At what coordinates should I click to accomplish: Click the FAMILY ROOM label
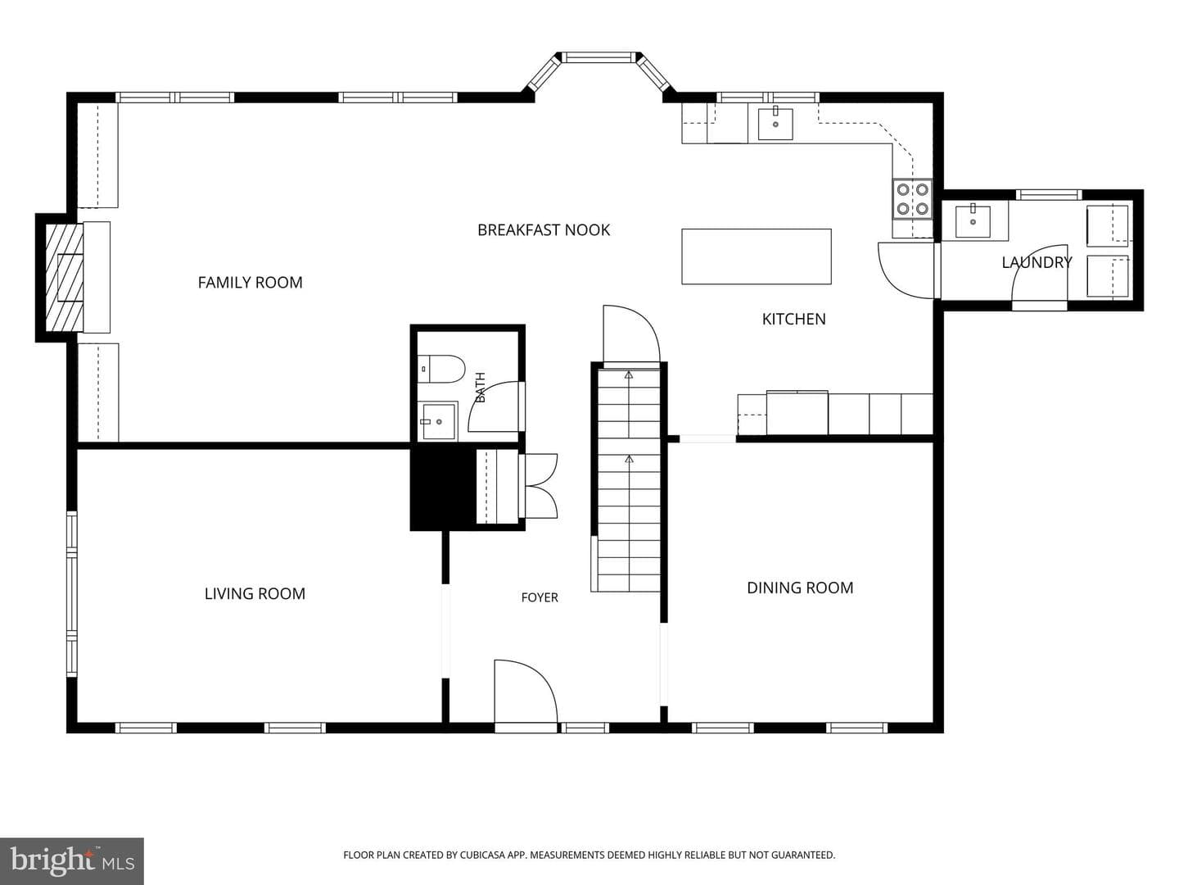[x=250, y=282]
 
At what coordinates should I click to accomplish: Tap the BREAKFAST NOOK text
[x=544, y=230]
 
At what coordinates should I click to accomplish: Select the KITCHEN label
[x=794, y=320]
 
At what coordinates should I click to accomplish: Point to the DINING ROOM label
[x=800, y=588]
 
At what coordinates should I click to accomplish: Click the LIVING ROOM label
[x=255, y=594]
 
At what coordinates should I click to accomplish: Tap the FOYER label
[x=540, y=597]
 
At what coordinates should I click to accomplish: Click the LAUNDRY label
[x=1037, y=262]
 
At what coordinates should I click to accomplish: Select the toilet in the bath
[x=440, y=369]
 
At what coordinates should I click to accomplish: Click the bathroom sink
[x=437, y=420]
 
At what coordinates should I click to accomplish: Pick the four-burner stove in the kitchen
[x=913, y=198]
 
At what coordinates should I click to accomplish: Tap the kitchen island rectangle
[x=757, y=256]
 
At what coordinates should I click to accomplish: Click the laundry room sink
[x=973, y=221]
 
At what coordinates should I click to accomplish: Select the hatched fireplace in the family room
[x=64, y=277]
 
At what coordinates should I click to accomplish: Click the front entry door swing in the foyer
[x=526, y=691]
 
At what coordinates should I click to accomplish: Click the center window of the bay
[x=598, y=57]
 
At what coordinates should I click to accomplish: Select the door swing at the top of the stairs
[x=631, y=334]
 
